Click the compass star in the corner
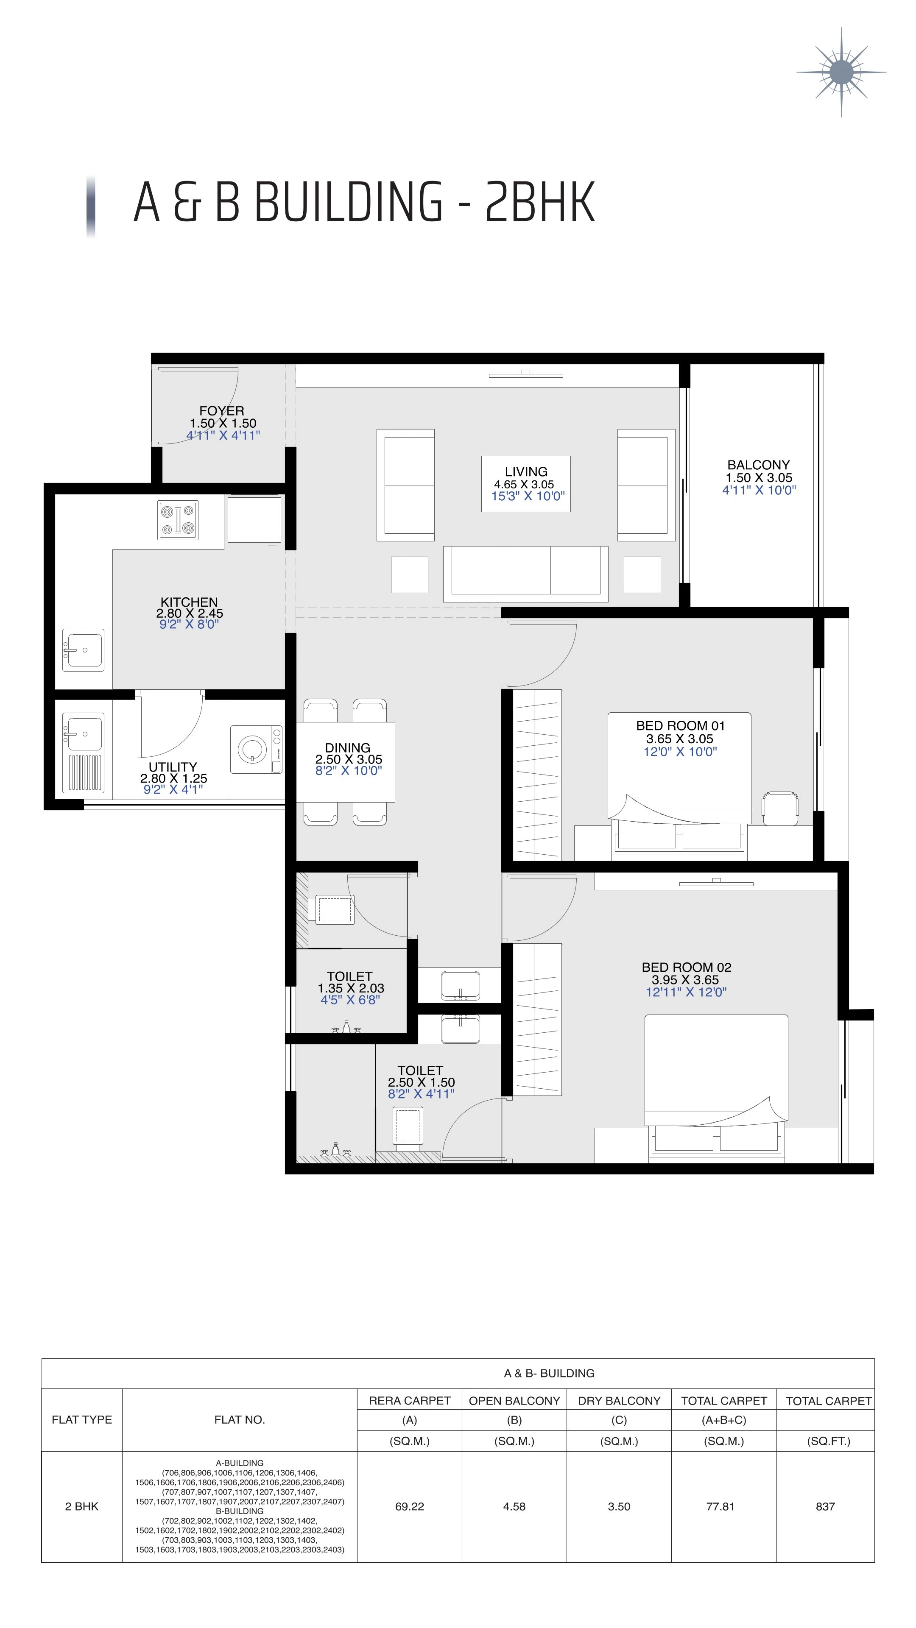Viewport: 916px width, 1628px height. pyautogui.click(x=841, y=72)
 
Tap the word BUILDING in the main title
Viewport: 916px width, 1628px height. pyautogui.click(x=348, y=202)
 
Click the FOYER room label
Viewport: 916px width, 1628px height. pyautogui.click(x=221, y=411)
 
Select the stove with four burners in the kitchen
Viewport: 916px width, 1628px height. pyautogui.click(x=178, y=520)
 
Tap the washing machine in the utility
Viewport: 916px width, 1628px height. pyautogui.click(x=256, y=749)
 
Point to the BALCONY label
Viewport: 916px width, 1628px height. pyautogui.click(x=758, y=465)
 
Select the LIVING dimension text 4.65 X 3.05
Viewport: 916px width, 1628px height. pyautogui.click(x=524, y=484)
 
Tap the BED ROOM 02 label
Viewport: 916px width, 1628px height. pyautogui.click(x=686, y=967)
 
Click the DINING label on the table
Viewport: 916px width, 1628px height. pyautogui.click(x=347, y=747)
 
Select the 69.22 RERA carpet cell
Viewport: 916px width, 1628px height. pyautogui.click(x=409, y=1506)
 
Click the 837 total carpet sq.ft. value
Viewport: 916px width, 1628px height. pyautogui.click(x=825, y=1506)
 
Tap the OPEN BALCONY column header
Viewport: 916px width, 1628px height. pyautogui.click(x=514, y=1400)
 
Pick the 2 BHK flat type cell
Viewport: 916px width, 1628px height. pyautogui.click(x=81, y=1506)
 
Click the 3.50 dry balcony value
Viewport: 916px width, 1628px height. pyautogui.click(x=619, y=1506)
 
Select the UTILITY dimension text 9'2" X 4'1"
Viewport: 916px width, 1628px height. pyautogui.click(x=173, y=789)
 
